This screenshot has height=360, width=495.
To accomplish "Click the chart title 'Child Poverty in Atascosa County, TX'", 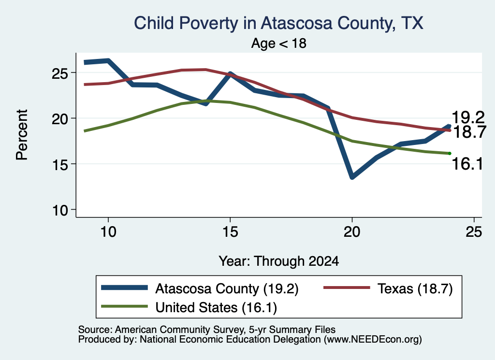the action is tap(278, 23).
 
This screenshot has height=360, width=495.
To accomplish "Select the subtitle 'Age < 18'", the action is tap(279, 43).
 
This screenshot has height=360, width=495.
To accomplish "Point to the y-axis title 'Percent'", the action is tap(22, 135).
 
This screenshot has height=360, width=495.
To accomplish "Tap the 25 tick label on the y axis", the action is tap(60, 73).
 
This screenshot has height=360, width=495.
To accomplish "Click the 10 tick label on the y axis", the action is tap(60, 210).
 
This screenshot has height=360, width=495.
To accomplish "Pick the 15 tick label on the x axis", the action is tap(230, 232).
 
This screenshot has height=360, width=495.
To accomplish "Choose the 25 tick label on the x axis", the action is tap(474, 232).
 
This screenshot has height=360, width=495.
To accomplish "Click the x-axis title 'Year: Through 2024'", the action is tap(279, 261).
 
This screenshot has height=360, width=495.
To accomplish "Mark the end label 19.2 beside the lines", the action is tap(468, 118).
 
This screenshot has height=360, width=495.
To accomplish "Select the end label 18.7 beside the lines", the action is tap(469, 132).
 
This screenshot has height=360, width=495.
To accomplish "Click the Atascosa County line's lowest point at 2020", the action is tap(352, 177).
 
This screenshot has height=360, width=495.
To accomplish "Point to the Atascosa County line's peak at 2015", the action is tap(231, 74).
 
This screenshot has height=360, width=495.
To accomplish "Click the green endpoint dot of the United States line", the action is tap(450, 153).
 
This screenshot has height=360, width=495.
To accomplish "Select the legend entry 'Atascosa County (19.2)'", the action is tap(227, 288).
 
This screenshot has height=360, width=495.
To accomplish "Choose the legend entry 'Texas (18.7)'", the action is tap(415, 288).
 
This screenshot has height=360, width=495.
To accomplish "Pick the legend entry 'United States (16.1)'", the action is tap(216, 307).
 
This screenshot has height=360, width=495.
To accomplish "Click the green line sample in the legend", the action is tap(124, 306).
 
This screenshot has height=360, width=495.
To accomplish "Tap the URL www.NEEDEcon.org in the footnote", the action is tap(373, 340).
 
